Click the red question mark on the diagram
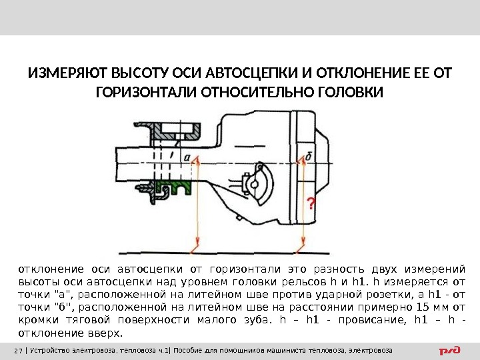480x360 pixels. pos(310,203)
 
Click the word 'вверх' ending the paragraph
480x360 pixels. pos(105,333)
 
